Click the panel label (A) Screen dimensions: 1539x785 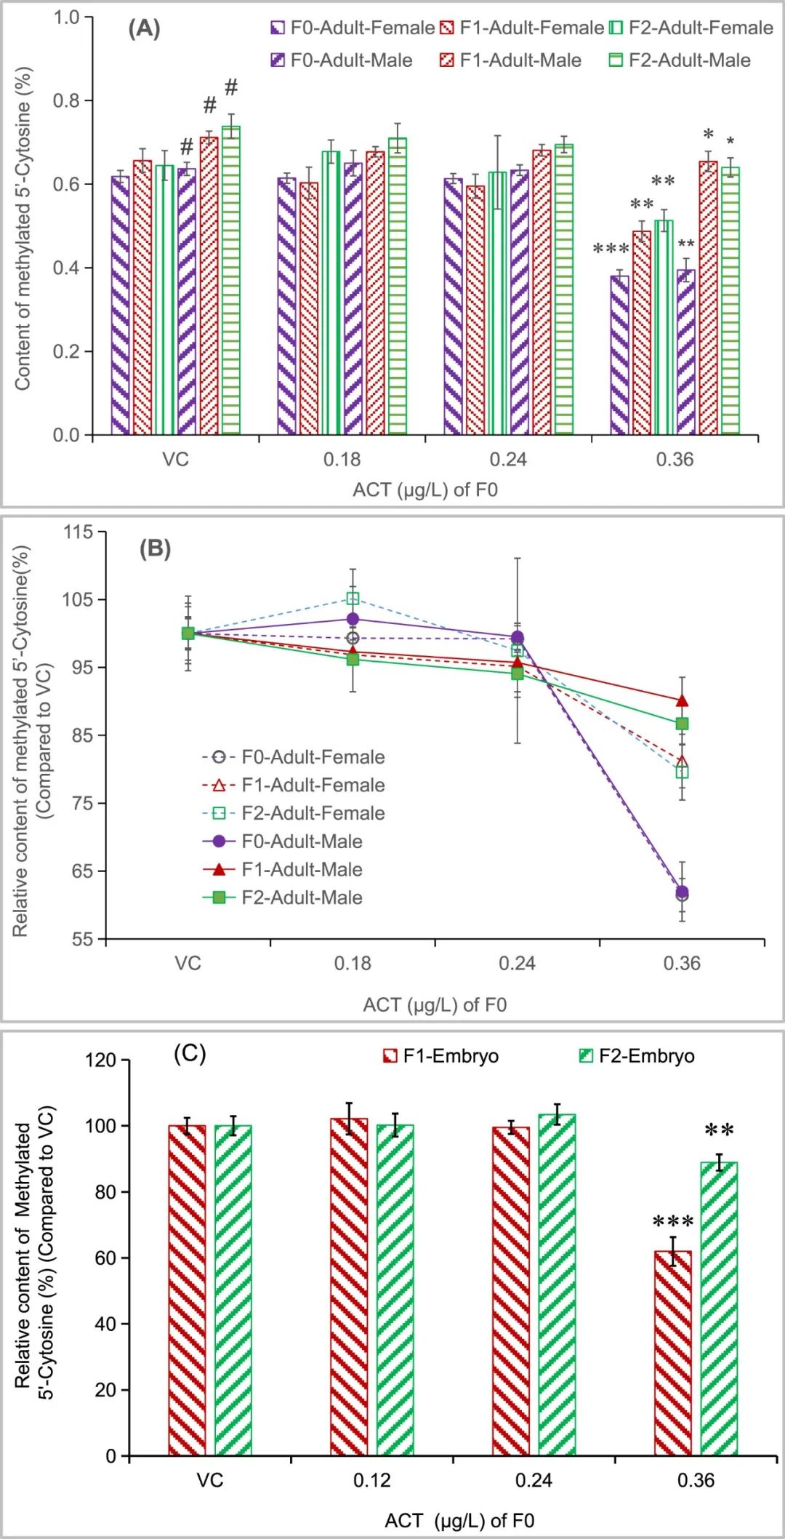click(144, 28)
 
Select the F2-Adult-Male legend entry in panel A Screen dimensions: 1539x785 click(679, 60)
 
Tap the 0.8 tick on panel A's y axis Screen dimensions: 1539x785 click(66, 100)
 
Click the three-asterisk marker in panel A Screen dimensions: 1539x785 click(611, 249)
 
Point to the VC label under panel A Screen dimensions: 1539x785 click(175, 460)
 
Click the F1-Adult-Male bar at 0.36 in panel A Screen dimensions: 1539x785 click(708, 298)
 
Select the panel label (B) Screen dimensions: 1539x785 click(155, 548)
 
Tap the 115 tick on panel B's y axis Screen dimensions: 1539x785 click(78, 532)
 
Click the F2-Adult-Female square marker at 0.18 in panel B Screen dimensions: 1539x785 click(353, 599)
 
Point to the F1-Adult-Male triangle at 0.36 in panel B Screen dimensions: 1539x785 click(682, 701)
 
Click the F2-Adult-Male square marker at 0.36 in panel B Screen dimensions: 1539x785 click(682, 724)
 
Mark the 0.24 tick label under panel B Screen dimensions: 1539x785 click(517, 964)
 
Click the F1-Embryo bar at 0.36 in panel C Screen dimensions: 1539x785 click(672, 1353)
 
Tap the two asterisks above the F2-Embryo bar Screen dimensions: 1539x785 click(719, 1130)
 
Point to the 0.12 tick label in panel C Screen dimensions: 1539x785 click(371, 1480)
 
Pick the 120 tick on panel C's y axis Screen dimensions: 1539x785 click(100, 1060)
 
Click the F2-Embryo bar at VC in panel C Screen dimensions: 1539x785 click(233, 1290)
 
